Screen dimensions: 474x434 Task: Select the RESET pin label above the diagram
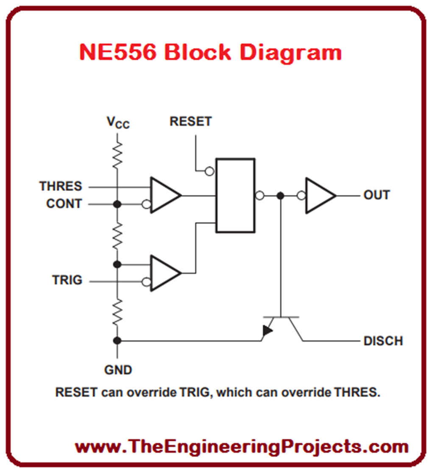pos(190,122)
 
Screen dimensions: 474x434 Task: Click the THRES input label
pos(61,187)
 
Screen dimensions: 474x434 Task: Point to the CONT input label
pos(64,204)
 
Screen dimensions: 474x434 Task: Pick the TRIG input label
pos(67,281)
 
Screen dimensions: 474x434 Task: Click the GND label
pos(118,370)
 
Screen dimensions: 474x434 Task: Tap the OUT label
pos(377,195)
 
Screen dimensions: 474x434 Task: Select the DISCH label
pos(383,341)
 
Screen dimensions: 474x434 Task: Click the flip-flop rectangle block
pos(235,195)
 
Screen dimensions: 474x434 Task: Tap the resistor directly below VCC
pos(118,155)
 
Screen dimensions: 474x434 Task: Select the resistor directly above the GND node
pos(118,312)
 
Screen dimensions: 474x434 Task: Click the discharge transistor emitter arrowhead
pos(267,331)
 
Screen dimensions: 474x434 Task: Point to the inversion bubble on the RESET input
pos(209,171)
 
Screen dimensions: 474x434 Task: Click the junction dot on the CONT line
pos(118,204)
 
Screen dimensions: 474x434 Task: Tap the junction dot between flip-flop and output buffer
pos(280,195)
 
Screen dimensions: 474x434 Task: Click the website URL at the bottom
pos(242,447)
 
